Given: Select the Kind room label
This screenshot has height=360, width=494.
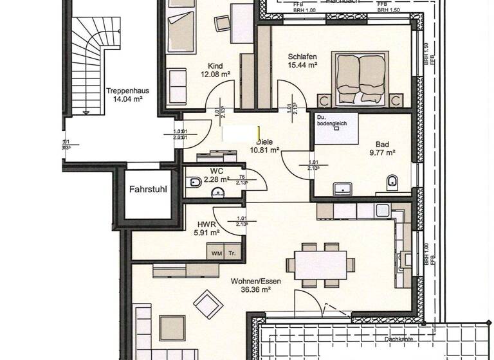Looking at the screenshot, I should click(x=215, y=66).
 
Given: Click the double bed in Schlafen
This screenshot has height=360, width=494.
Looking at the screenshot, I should click(x=359, y=78).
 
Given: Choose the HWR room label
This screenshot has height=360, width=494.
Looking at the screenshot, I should click(x=206, y=224).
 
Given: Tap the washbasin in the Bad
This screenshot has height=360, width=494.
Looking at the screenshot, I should click(x=342, y=188).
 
